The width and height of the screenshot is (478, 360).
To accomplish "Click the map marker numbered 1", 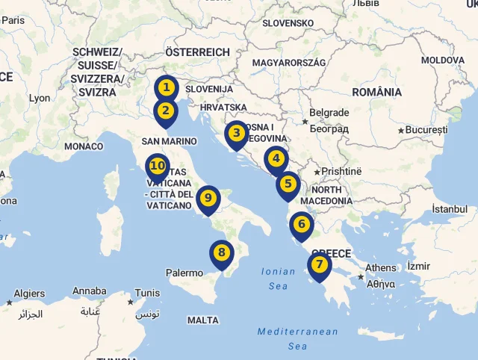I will (166, 89).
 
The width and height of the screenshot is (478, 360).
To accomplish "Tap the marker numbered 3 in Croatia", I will (236, 134).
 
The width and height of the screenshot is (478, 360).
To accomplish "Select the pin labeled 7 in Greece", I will (319, 264).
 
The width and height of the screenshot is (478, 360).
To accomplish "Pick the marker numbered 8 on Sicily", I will (221, 252).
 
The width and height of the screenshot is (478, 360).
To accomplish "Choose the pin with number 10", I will (157, 166).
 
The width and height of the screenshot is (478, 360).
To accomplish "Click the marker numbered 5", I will (288, 184).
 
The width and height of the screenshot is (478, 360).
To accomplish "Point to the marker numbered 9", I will (208, 198).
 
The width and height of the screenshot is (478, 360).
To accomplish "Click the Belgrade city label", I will (329, 113).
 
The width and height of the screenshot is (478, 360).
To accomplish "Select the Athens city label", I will (381, 268).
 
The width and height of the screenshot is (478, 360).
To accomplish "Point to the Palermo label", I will (184, 273).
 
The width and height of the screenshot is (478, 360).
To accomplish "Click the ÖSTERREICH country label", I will (197, 52).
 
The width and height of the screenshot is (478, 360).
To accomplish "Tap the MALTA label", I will (203, 320).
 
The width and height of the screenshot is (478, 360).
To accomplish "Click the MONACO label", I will (84, 146).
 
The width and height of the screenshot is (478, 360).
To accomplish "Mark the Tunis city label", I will (148, 293).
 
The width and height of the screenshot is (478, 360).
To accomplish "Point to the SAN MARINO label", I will (169, 141).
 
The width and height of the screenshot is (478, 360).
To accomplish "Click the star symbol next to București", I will (401, 131).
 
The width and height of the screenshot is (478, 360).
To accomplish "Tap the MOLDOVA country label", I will (443, 60).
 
